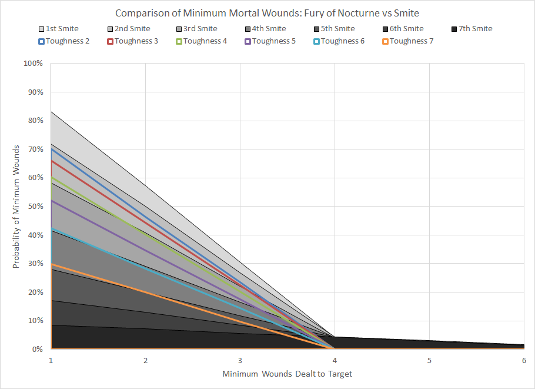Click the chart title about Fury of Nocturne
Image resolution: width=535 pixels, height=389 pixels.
pos(267,13)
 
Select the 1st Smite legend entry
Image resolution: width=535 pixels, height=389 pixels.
pos(58,28)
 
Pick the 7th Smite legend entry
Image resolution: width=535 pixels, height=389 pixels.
pos(472,28)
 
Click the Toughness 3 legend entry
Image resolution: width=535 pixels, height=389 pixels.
pos(132,41)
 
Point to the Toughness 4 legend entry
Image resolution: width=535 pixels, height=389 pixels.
pos(201,41)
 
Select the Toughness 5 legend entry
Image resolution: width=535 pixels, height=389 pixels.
pos(270,41)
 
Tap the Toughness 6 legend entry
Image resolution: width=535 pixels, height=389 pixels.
pos(339,41)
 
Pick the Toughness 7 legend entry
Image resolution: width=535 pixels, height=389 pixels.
pos(407,41)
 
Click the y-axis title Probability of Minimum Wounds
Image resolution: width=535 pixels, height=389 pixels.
pos(17,207)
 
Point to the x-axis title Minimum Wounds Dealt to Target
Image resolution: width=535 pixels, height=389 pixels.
pos(287,374)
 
